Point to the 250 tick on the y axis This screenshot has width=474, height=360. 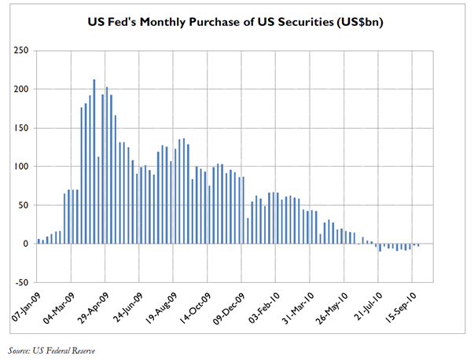pyautogui.click(x=20, y=50)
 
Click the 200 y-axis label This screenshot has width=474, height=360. pyautogui.click(x=20, y=89)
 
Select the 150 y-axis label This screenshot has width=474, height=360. pyautogui.click(x=20, y=127)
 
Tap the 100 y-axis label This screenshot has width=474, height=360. pyautogui.click(x=20, y=167)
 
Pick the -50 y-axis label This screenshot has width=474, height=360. pyautogui.click(x=20, y=282)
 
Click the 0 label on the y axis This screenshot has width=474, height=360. pyautogui.click(x=26, y=244)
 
